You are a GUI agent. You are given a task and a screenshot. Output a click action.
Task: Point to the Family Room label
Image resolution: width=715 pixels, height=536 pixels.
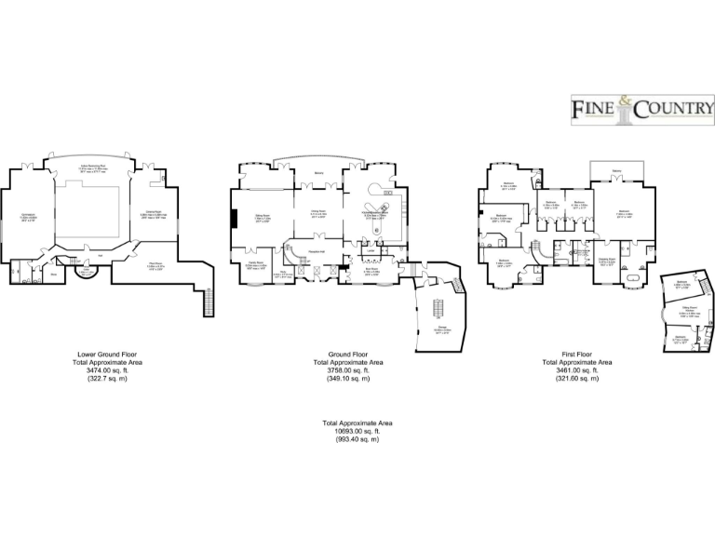(256, 264)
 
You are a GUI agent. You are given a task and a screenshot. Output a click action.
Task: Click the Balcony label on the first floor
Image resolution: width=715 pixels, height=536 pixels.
(616, 169)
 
